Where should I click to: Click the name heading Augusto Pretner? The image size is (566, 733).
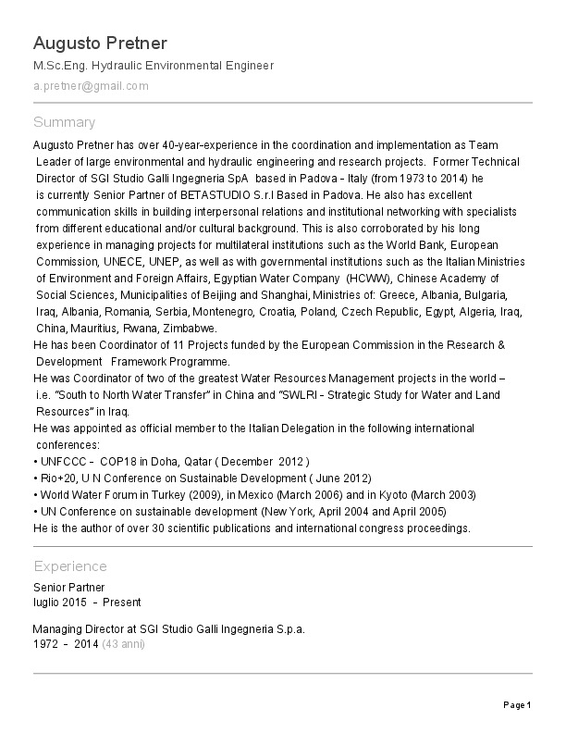(x=100, y=43)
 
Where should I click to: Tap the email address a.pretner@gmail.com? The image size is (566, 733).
(x=91, y=86)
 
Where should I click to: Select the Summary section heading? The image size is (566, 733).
(x=64, y=122)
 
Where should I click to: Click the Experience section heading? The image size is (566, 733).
(x=70, y=566)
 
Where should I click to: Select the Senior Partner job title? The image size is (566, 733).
(x=68, y=588)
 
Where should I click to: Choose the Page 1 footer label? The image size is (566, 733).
(x=516, y=706)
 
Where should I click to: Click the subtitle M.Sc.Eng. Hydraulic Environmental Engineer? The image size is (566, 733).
(x=154, y=66)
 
